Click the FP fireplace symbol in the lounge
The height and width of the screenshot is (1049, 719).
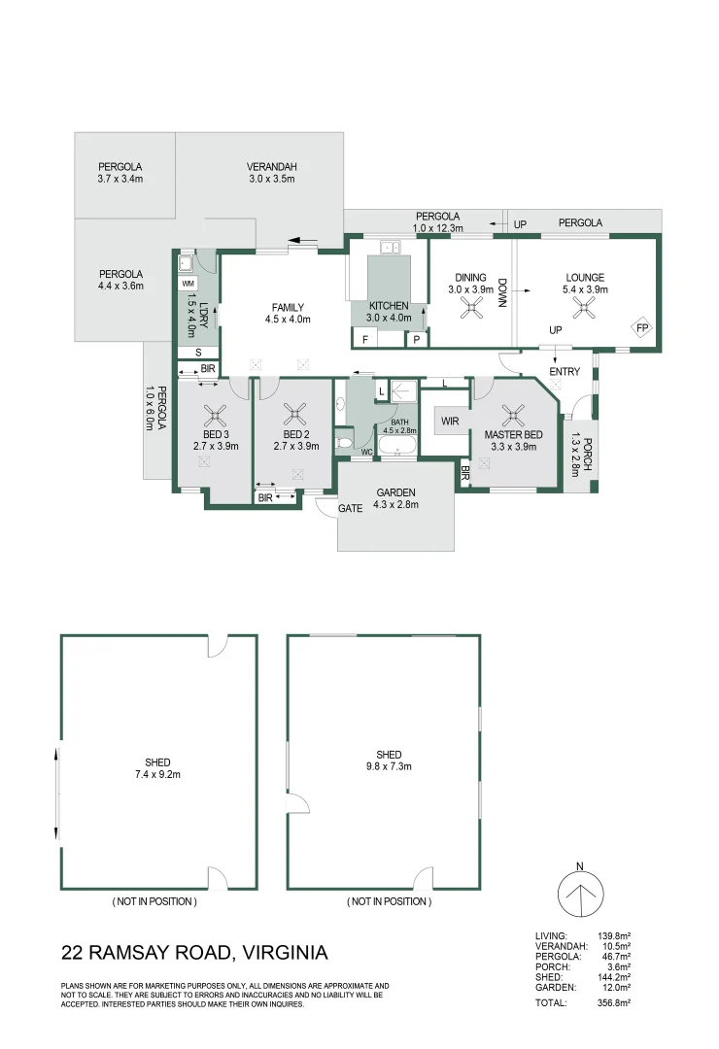pos(642,328)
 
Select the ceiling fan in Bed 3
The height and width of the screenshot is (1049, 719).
pos(216,416)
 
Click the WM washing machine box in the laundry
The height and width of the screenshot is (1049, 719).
pos(188,284)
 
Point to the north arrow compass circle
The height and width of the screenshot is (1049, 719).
pos(580,895)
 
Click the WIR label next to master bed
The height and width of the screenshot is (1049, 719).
pos(450,421)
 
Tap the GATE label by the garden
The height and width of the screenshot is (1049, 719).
pos(350,508)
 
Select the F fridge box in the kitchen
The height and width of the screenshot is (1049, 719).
pos(365,339)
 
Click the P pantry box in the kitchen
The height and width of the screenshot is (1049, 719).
pos(417,339)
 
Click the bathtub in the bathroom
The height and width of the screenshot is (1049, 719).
pos(397,446)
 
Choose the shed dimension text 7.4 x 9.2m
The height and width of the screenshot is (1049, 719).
pos(157,774)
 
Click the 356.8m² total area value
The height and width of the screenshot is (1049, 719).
pos(614,1002)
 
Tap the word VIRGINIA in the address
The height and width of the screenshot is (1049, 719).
pos(286,952)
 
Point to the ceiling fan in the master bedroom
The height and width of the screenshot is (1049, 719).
pos(513,416)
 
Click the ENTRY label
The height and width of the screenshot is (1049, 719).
pos(565,371)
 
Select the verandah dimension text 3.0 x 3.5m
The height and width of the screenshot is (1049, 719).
pos(272,179)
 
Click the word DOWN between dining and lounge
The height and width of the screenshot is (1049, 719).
pos(502,292)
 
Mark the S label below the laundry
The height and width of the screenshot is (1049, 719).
pos(198,352)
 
